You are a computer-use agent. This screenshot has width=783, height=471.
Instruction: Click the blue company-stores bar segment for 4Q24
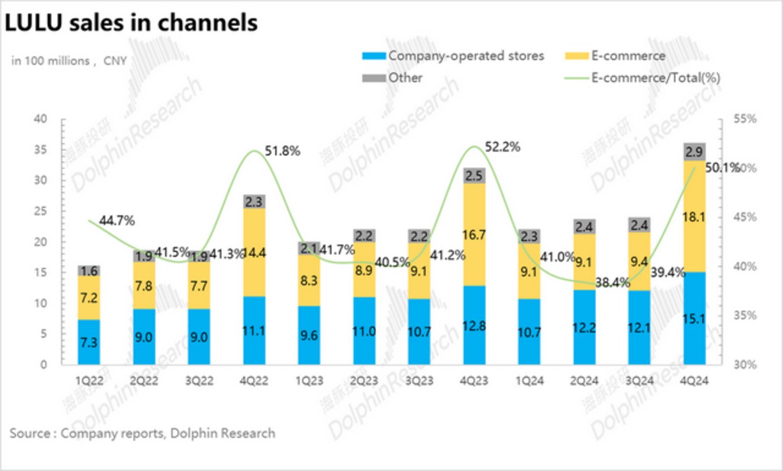click(x=694, y=318)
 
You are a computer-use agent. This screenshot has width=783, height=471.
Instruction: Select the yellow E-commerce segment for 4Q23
click(x=474, y=234)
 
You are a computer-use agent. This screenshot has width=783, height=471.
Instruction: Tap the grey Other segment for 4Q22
click(x=254, y=201)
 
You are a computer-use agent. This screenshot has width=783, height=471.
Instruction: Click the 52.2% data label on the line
click(x=502, y=147)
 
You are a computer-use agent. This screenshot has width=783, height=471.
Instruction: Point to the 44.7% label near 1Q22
click(x=117, y=221)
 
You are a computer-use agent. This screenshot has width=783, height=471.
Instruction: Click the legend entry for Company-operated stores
click(x=453, y=56)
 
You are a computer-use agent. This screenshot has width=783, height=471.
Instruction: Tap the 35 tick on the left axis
click(x=41, y=150)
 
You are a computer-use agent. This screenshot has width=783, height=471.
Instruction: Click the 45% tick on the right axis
click(x=745, y=217)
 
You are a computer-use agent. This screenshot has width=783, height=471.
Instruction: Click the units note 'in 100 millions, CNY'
click(x=69, y=61)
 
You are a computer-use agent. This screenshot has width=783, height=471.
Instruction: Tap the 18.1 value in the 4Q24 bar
click(x=694, y=217)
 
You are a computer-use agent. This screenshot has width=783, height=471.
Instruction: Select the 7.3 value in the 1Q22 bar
click(x=89, y=342)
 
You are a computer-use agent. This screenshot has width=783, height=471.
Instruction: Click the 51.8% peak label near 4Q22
click(x=282, y=151)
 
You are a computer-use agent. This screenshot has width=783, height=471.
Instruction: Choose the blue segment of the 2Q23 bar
click(x=364, y=331)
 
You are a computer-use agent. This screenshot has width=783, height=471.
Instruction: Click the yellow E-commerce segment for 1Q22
click(x=89, y=298)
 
